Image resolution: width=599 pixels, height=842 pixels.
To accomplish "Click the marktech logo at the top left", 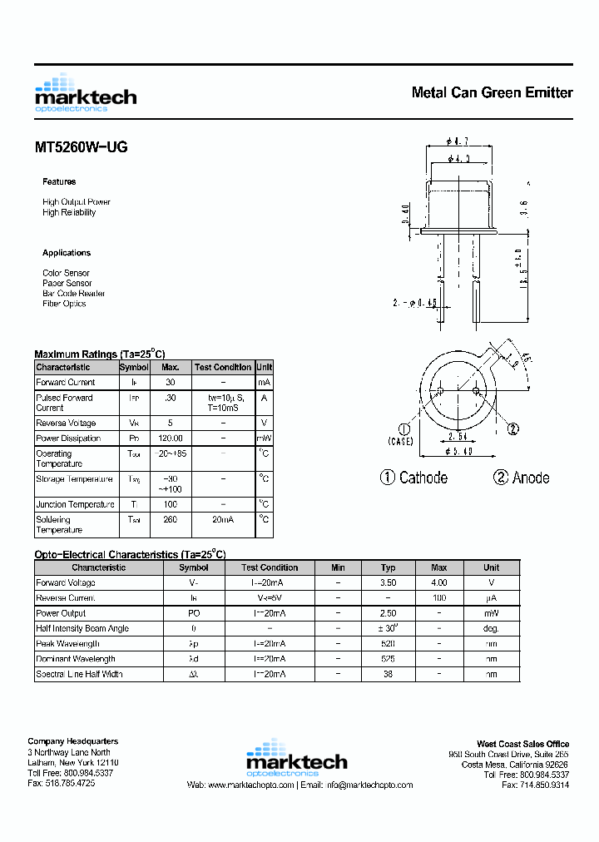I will [x=85, y=93].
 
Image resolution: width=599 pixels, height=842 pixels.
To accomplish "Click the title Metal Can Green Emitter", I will [x=492, y=92].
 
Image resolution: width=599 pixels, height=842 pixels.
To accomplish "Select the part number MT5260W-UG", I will [x=81, y=147].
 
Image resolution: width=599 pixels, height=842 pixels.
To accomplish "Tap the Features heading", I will [x=59, y=181].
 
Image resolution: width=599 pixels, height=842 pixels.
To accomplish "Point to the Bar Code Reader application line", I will [x=74, y=294].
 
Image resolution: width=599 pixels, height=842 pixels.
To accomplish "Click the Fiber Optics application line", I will [x=64, y=304].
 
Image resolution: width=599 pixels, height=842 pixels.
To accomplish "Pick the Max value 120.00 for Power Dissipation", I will [x=170, y=438].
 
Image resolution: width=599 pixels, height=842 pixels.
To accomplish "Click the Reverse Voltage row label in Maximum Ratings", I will [x=66, y=423].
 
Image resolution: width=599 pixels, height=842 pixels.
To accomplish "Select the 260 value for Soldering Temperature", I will [x=170, y=520].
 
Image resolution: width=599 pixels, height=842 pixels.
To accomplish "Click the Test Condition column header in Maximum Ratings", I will [x=222, y=367].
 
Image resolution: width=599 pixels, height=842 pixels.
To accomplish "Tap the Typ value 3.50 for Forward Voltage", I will [x=388, y=583].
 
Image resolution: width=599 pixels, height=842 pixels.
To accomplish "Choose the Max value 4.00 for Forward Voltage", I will [x=439, y=583].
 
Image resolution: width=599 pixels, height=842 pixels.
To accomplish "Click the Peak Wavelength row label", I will [x=68, y=644].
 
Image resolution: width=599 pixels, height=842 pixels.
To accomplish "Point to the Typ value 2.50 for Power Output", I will [x=388, y=613].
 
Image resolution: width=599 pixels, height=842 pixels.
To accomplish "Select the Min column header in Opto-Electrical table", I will [x=338, y=567].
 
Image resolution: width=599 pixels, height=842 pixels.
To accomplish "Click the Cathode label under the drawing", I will [x=414, y=478].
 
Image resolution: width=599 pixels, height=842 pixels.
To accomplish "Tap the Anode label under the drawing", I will [x=522, y=478].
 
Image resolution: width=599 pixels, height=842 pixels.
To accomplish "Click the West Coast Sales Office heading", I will [x=522, y=744].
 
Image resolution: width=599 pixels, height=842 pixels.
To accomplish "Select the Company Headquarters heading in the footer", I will [x=73, y=741].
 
